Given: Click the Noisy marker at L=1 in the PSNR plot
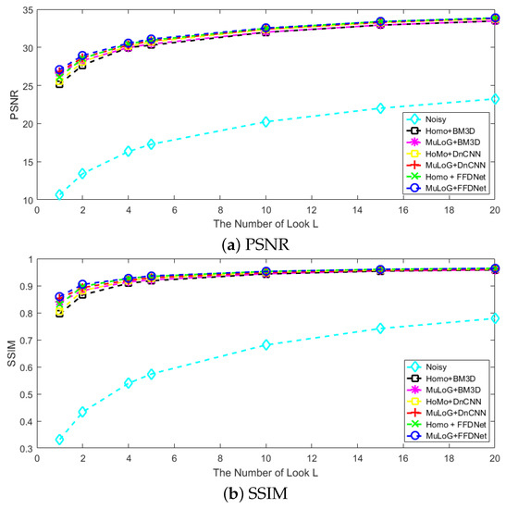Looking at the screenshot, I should [59, 194].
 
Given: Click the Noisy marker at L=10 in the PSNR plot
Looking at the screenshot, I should [265, 121].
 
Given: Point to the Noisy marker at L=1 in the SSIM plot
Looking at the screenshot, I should [59, 440].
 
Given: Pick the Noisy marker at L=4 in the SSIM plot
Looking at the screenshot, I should [128, 382].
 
